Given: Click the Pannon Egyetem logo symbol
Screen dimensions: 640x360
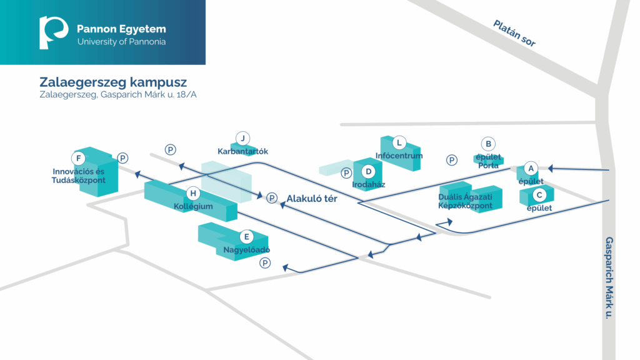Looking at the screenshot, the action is pyautogui.click(x=53, y=32).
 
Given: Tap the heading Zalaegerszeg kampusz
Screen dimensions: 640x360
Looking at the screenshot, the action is pyautogui.click(x=113, y=82).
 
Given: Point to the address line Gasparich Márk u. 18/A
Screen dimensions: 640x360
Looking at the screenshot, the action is pyautogui.click(x=118, y=95).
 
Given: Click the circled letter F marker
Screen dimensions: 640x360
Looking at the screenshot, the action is pyautogui.click(x=78, y=158).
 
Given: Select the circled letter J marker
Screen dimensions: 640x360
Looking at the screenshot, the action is pyautogui.click(x=243, y=138).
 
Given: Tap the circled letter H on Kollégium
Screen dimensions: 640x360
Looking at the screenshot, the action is pyautogui.click(x=194, y=194).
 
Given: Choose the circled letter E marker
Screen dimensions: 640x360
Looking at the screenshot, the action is pyautogui.click(x=246, y=237).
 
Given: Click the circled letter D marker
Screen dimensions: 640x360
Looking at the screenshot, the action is pyautogui.click(x=369, y=171).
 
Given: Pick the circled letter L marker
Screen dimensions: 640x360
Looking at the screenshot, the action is pyautogui.click(x=399, y=143).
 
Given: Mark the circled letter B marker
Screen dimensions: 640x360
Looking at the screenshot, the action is pyautogui.click(x=488, y=144).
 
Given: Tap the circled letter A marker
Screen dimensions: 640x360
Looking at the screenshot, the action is pyautogui.click(x=531, y=168).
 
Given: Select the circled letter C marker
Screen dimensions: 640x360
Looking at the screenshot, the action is pyautogui.click(x=539, y=195).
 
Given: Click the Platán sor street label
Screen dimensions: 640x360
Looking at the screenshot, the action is pyautogui.click(x=514, y=33).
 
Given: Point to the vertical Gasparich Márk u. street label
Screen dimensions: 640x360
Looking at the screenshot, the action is pyautogui.click(x=609, y=278).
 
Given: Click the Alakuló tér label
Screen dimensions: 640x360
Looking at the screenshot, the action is pyautogui.click(x=312, y=199).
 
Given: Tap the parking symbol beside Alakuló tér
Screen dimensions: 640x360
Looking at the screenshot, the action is pyautogui.click(x=272, y=198).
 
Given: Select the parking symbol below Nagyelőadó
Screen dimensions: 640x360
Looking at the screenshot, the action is pyautogui.click(x=265, y=263).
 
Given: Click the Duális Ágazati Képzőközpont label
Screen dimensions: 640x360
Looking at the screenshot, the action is pyautogui.click(x=465, y=201).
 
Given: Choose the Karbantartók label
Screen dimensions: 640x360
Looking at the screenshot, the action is pyautogui.click(x=243, y=151).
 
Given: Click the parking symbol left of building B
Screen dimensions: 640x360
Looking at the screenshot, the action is pyautogui.click(x=451, y=160).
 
